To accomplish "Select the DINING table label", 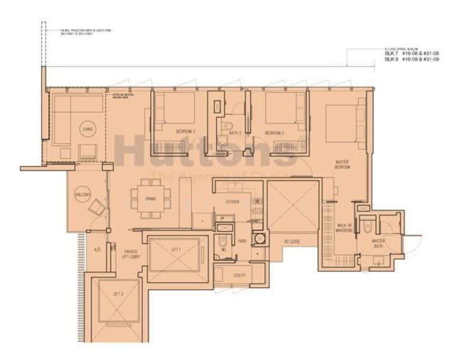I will pyautogui.click(x=150, y=199).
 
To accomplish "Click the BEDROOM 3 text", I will pyautogui.click(x=185, y=131).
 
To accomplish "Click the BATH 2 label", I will pyautogui.click(x=235, y=133).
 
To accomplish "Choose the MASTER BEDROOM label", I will pyautogui.click(x=342, y=164).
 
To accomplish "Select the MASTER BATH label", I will pyautogui.click(x=378, y=244).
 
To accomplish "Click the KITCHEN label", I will pyautogui.click(x=233, y=202).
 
